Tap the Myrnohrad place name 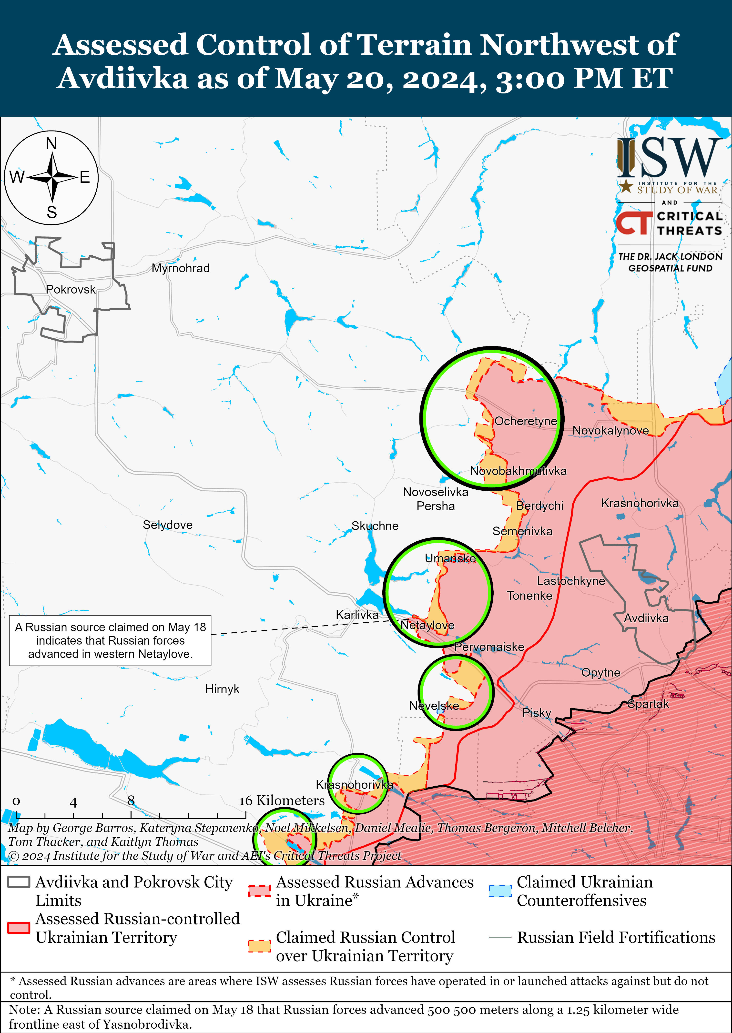[x=180, y=268]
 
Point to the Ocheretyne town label [x=526, y=421]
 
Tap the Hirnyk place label [x=222, y=689]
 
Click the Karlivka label [x=357, y=615]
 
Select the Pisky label [x=536, y=713]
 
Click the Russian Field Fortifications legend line [x=500, y=937]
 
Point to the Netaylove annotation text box [x=111, y=640]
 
